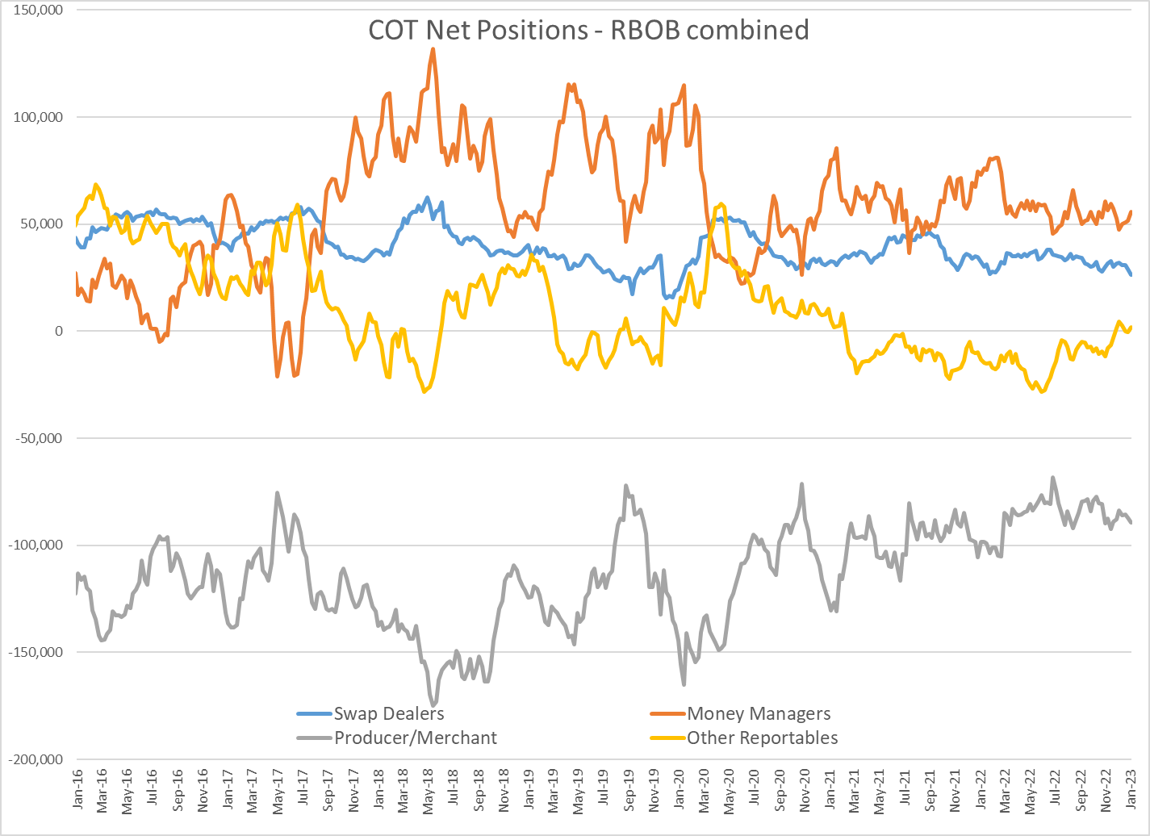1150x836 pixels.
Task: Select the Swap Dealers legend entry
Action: [x=388, y=713]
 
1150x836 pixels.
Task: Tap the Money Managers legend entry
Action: [x=758, y=713]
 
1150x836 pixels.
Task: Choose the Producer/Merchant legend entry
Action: [x=415, y=738]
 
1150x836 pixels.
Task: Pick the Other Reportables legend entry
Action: [x=762, y=738]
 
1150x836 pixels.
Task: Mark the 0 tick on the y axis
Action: [x=59, y=331]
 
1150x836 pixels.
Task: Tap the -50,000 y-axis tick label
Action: [x=35, y=438]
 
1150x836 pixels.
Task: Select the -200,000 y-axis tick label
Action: [x=35, y=759]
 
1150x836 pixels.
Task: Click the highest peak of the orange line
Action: [x=433, y=49]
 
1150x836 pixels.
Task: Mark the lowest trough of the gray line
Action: [x=433, y=705]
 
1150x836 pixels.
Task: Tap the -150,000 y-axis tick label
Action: [x=35, y=652]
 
